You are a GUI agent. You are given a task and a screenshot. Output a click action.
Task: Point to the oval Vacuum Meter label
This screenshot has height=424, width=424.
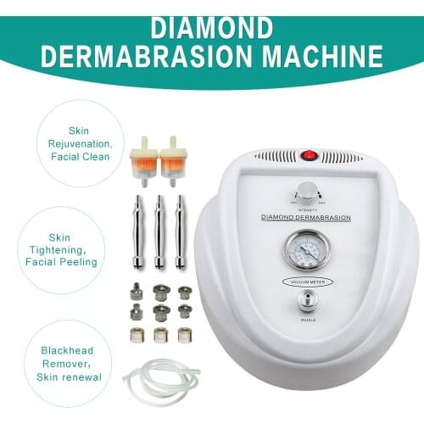309,281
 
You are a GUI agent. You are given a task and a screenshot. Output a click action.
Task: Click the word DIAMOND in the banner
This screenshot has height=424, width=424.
211,28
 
